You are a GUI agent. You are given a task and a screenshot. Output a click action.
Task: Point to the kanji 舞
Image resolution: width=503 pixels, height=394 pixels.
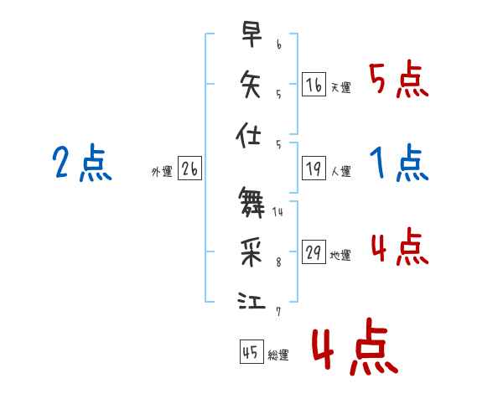click(x=251, y=201)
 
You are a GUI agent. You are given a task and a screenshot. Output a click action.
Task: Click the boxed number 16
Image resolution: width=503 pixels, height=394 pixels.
click(x=314, y=84)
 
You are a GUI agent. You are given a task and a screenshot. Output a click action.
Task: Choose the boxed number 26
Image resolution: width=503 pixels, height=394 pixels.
click(x=189, y=170)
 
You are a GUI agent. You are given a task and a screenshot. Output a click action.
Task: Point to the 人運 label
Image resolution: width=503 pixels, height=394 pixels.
click(x=340, y=172)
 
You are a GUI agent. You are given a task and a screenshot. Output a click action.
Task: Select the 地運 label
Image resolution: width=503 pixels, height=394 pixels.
click(x=340, y=256)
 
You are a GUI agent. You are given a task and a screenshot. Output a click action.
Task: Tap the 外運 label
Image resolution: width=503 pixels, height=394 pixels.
click(x=162, y=172)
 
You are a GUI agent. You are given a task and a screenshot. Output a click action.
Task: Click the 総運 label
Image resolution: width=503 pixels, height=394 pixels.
click(x=277, y=355)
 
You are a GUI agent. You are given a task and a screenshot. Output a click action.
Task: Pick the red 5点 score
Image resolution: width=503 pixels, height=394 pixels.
click(x=398, y=80)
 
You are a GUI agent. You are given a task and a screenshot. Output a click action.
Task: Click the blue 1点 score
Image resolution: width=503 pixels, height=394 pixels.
click(x=398, y=163)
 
